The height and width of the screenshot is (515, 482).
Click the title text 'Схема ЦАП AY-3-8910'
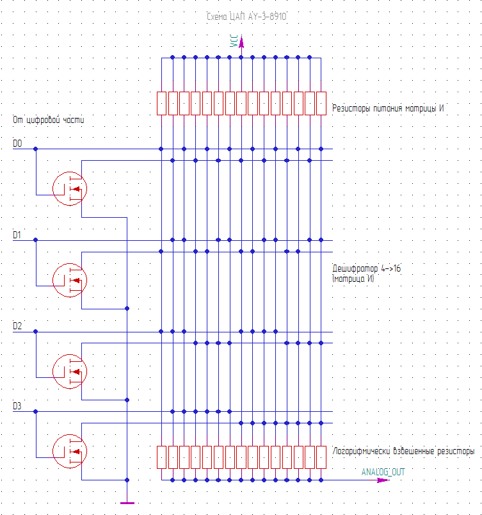[246, 18]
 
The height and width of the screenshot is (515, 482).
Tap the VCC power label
[234, 42]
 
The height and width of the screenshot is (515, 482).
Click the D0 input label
[17, 144]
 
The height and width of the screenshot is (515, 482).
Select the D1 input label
[17, 235]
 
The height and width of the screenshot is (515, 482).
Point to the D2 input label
[17, 327]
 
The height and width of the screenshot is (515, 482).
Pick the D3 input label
[17, 406]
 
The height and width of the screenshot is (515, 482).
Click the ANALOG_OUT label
[383, 472]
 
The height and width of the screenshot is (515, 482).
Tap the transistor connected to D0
[69, 188]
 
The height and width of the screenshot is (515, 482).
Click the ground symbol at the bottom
[127, 502]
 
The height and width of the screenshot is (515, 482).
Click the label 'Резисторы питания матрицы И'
[389, 108]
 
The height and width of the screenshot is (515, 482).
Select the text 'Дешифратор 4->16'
[367, 269]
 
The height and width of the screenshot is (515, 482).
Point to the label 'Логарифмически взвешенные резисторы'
[404, 451]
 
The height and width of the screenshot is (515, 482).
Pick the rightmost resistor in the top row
[321, 103]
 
